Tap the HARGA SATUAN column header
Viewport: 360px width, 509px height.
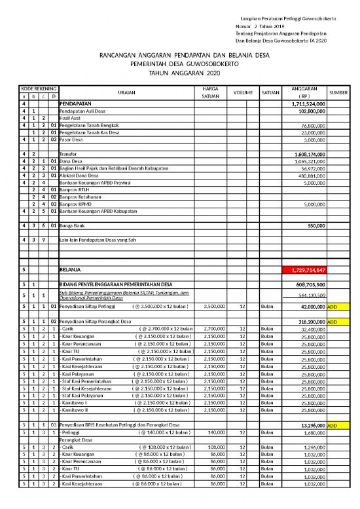pos(211,92)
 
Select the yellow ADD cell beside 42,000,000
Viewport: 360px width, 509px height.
pos(333,307)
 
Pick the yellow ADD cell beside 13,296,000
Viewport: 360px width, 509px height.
pos(333,425)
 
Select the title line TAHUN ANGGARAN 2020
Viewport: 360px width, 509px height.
pos(179,74)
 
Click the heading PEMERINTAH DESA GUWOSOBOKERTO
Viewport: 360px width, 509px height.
pos(179,65)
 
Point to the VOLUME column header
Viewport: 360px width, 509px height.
pos(242,92)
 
